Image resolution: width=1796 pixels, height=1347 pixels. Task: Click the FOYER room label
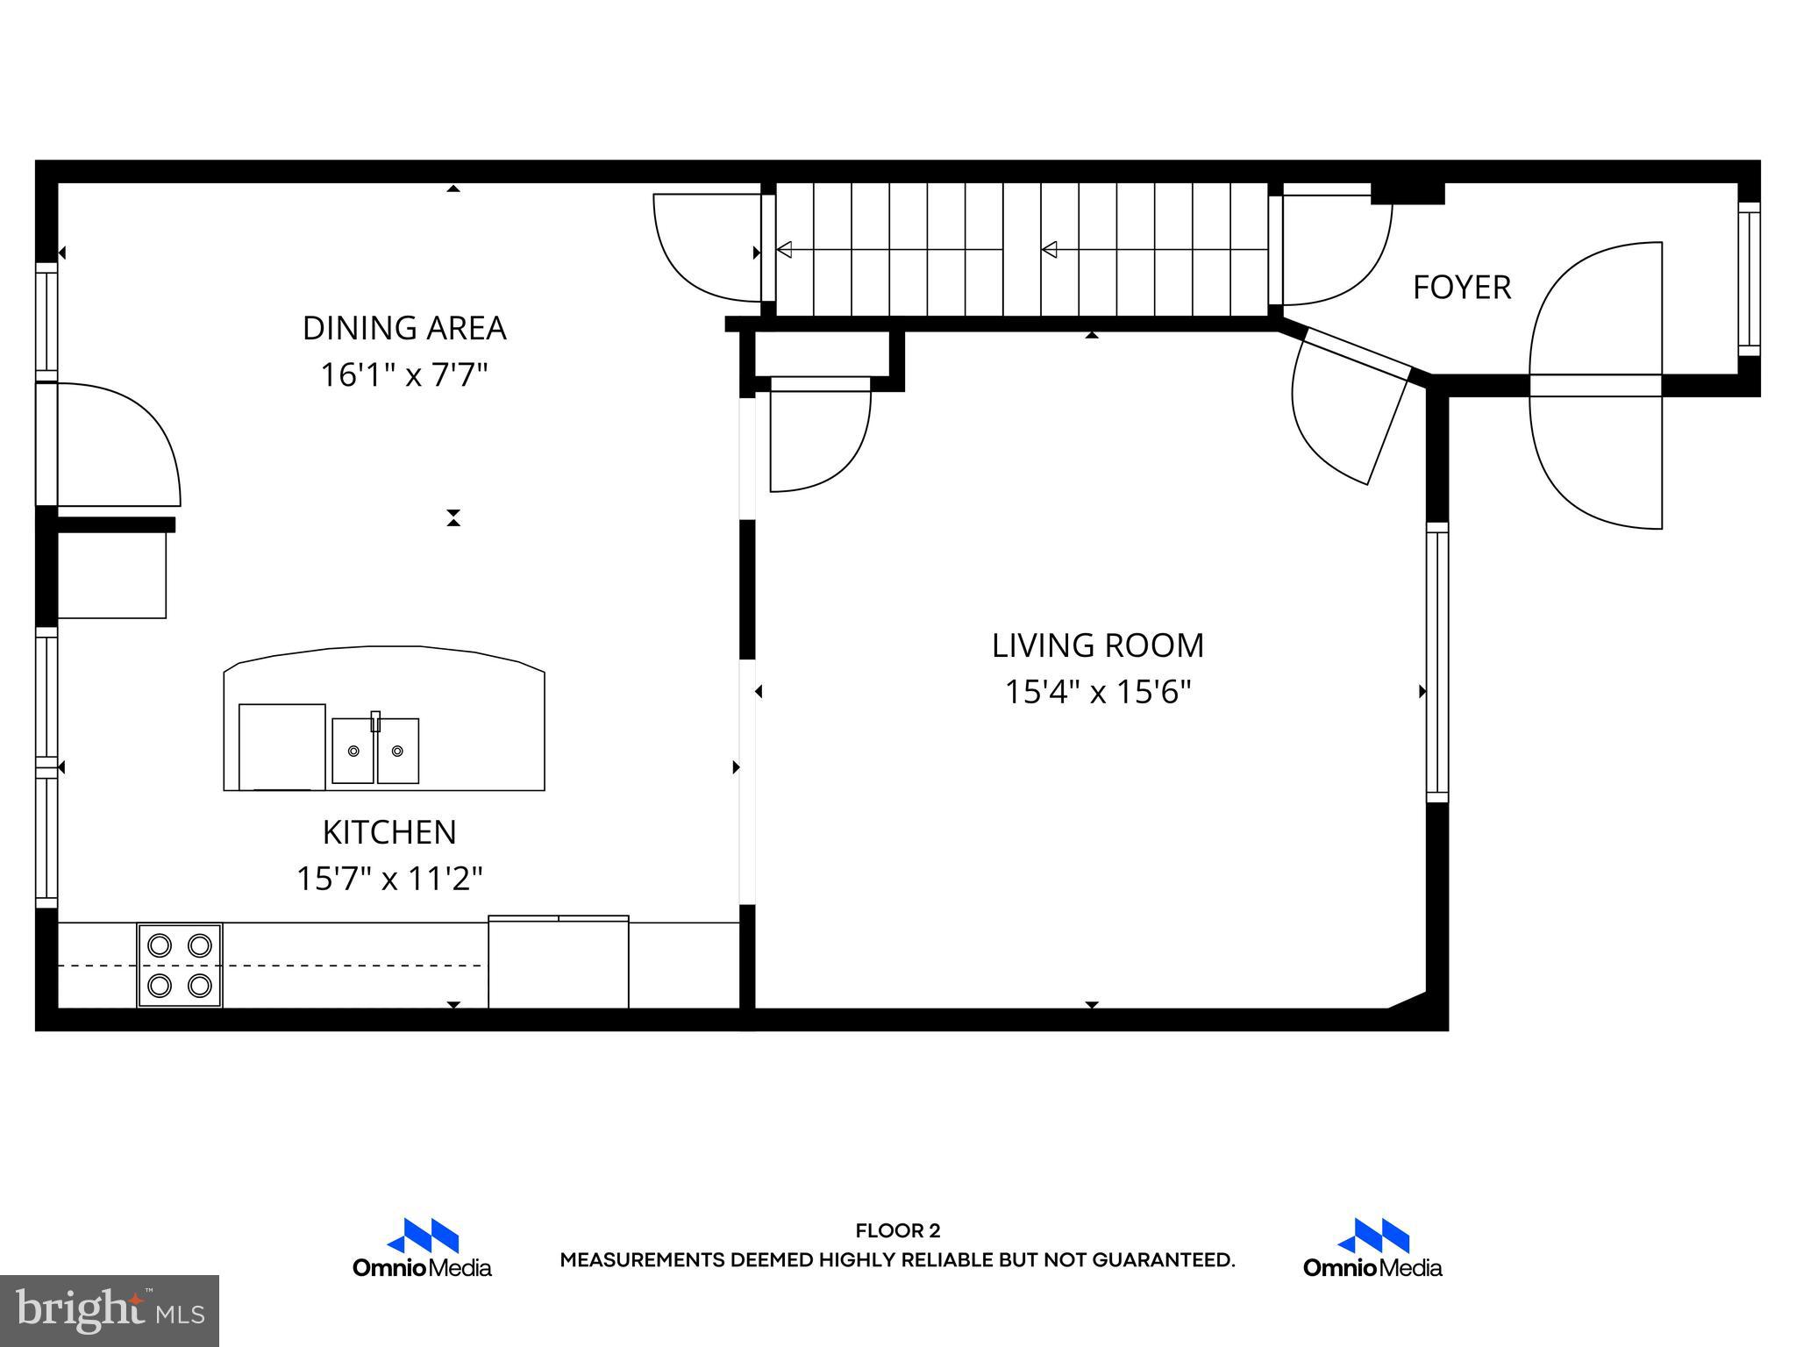[1461, 288]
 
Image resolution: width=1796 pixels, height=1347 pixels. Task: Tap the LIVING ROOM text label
[1097, 645]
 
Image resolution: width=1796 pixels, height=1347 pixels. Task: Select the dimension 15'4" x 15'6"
[1097, 693]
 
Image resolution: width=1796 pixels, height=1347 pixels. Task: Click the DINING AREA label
[404, 328]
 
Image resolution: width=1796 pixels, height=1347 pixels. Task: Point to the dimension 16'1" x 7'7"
[403, 375]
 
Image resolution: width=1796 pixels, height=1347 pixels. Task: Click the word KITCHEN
[389, 832]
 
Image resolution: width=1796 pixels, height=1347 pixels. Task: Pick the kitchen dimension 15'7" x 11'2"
[389, 879]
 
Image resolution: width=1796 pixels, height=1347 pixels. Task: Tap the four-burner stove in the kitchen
[180, 965]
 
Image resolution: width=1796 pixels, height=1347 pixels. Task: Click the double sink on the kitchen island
[375, 751]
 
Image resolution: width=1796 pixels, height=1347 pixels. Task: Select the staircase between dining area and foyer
[1022, 250]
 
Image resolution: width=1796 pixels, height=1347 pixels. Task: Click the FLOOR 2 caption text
[897, 1231]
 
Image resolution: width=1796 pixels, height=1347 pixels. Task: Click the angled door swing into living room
[1346, 408]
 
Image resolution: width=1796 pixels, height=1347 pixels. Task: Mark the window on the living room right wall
[1436, 662]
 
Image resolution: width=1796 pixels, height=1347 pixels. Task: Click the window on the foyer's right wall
[1749, 279]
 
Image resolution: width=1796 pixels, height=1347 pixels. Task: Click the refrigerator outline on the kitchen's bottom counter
[559, 962]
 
